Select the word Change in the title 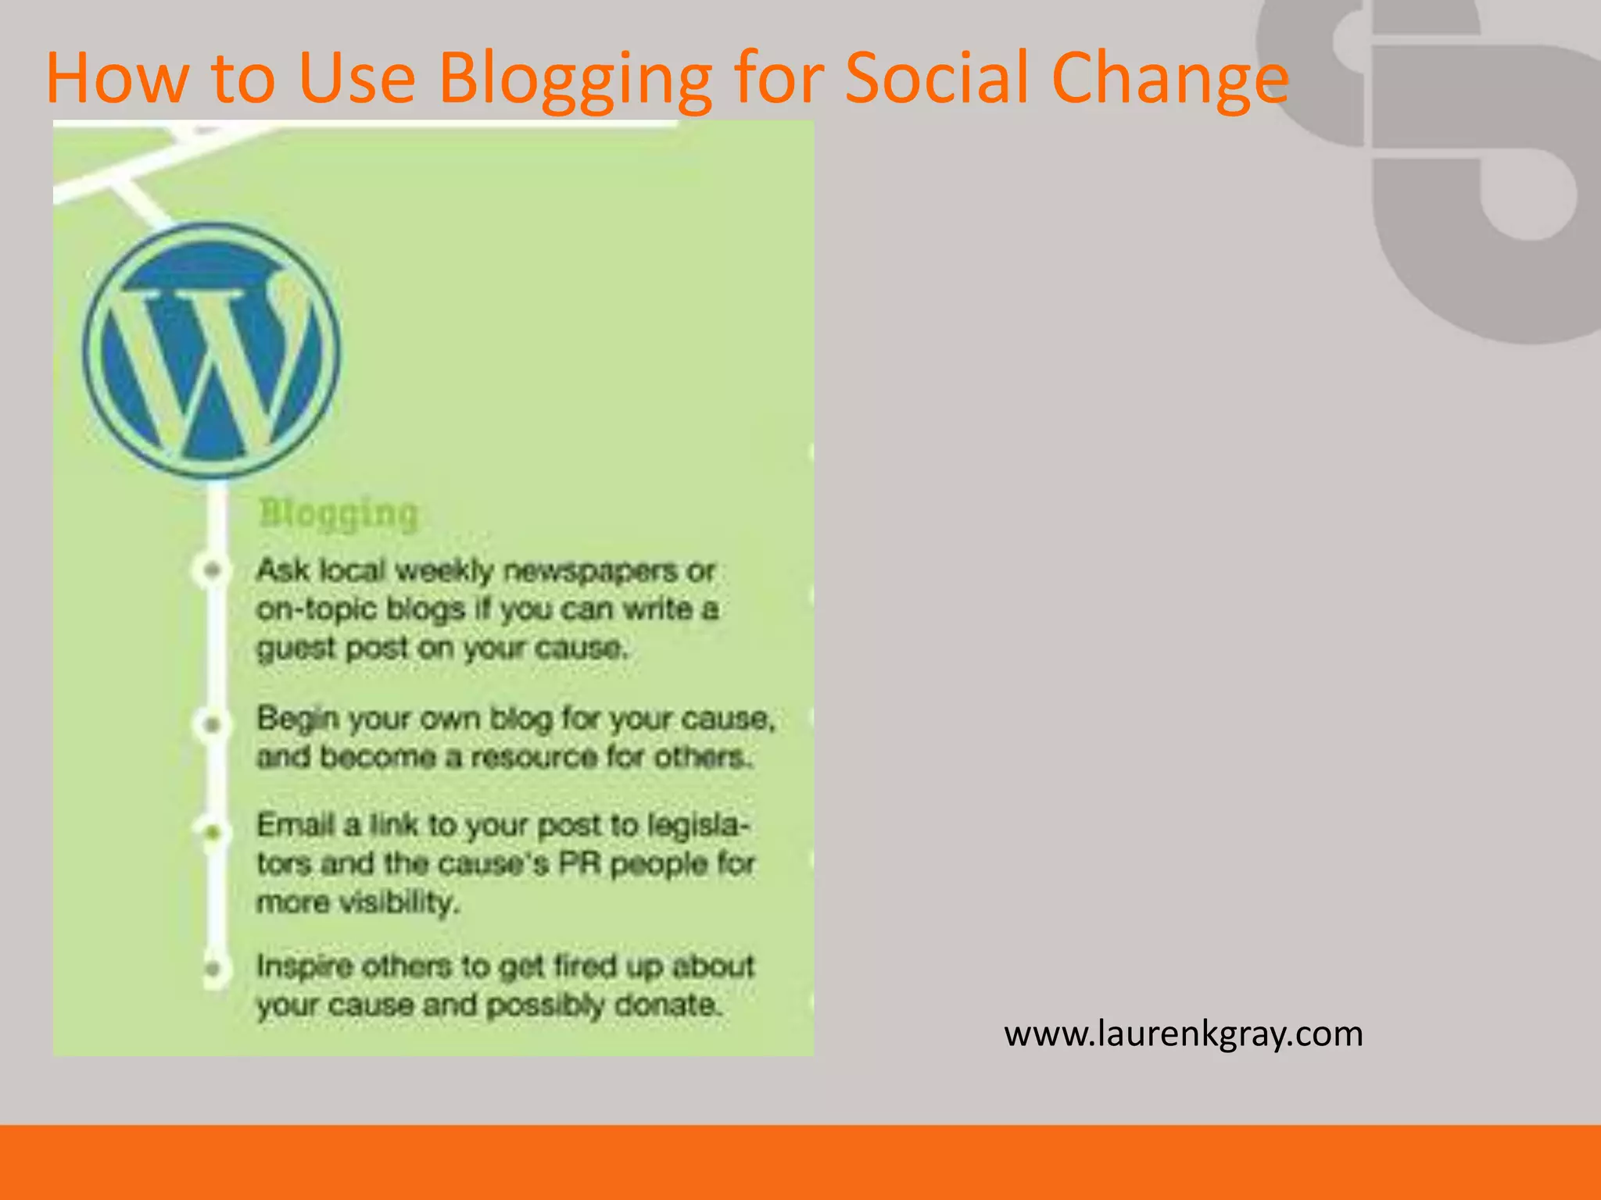[x=1170, y=78]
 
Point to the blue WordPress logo [x=212, y=351]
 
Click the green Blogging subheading [x=338, y=514]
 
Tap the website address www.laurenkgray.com [x=1184, y=1034]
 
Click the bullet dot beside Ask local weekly [x=212, y=570]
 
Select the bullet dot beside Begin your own [x=212, y=725]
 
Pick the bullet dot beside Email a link [x=213, y=833]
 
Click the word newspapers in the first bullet [x=590, y=572]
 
